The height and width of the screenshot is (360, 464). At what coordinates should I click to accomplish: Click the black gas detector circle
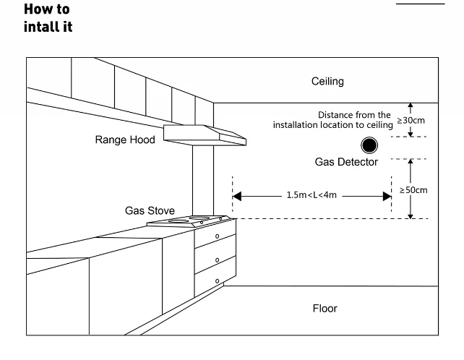(369, 145)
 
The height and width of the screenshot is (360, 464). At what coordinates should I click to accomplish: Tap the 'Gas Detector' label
(346, 162)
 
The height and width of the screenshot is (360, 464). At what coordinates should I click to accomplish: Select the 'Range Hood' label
(125, 140)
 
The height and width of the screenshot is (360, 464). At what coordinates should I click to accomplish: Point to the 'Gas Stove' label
(150, 211)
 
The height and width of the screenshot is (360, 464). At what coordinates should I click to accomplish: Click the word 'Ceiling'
(327, 82)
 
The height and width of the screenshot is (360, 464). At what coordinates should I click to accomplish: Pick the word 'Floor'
(325, 309)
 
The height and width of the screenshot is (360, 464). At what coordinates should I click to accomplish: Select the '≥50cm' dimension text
(413, 190)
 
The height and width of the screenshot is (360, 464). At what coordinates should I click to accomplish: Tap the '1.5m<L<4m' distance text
(312, 195)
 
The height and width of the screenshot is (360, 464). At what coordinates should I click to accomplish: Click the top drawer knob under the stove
(218, 236)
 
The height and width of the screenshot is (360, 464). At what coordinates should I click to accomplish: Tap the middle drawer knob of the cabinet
(218, 258)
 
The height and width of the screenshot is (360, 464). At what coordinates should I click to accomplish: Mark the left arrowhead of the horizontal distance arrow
(236, 195)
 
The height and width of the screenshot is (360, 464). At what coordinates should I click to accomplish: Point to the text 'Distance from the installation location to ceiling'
(332, 120)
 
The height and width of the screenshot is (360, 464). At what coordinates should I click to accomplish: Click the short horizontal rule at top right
(421, 4)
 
